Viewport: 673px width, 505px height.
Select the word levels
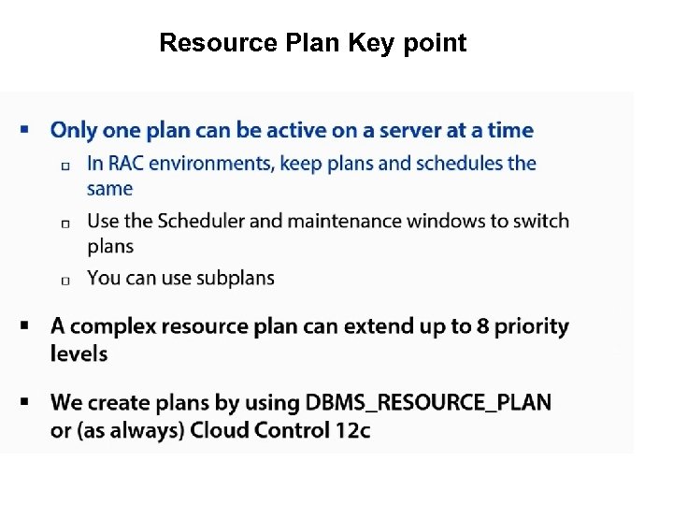point(79,353)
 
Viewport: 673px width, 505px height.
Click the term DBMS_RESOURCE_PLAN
point(428,403)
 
